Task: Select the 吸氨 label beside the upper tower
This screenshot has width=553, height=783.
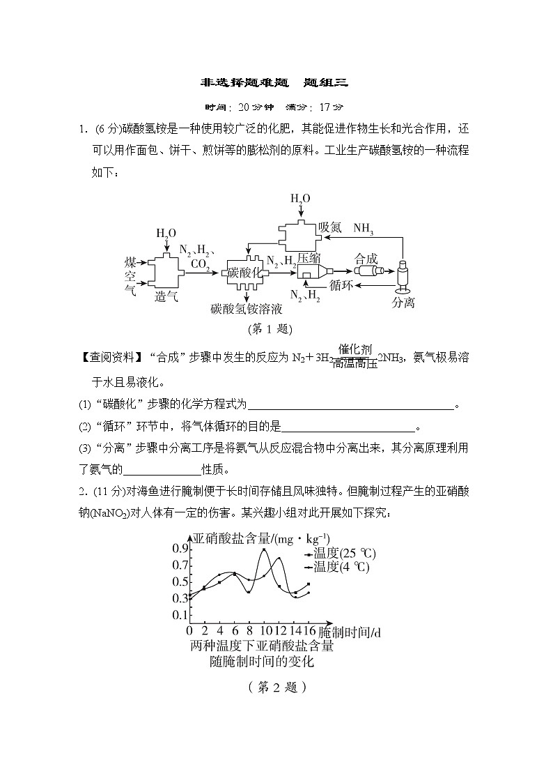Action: click(x=330, y=228)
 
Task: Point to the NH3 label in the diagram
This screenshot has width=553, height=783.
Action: click(x=363, y=228)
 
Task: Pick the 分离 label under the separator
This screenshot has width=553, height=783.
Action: click(x=403, y=302)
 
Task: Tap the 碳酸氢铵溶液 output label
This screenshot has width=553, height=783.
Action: click(x=248, y=307)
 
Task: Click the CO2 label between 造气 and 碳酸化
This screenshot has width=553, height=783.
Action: click(x=200, y=264)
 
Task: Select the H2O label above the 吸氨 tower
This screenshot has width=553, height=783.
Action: click(x=300, y=199)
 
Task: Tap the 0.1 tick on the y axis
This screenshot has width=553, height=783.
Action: click(x=180, y=615)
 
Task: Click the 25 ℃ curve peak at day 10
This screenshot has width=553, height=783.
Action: click(x=264, y=549)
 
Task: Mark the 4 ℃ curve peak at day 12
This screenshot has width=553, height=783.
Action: click(x=279, y=558)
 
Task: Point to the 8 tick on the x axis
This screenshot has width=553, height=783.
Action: click(x=249, y=632)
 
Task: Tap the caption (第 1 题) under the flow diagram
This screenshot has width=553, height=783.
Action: click(x=270, y=328)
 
